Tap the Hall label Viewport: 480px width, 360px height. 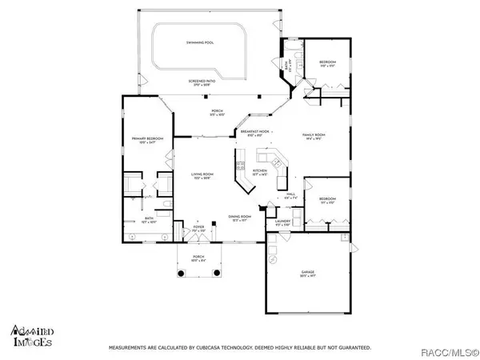pos(290,194)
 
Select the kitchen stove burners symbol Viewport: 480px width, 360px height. pos(238,167)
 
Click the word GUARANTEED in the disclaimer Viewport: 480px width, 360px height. pos(352,348)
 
